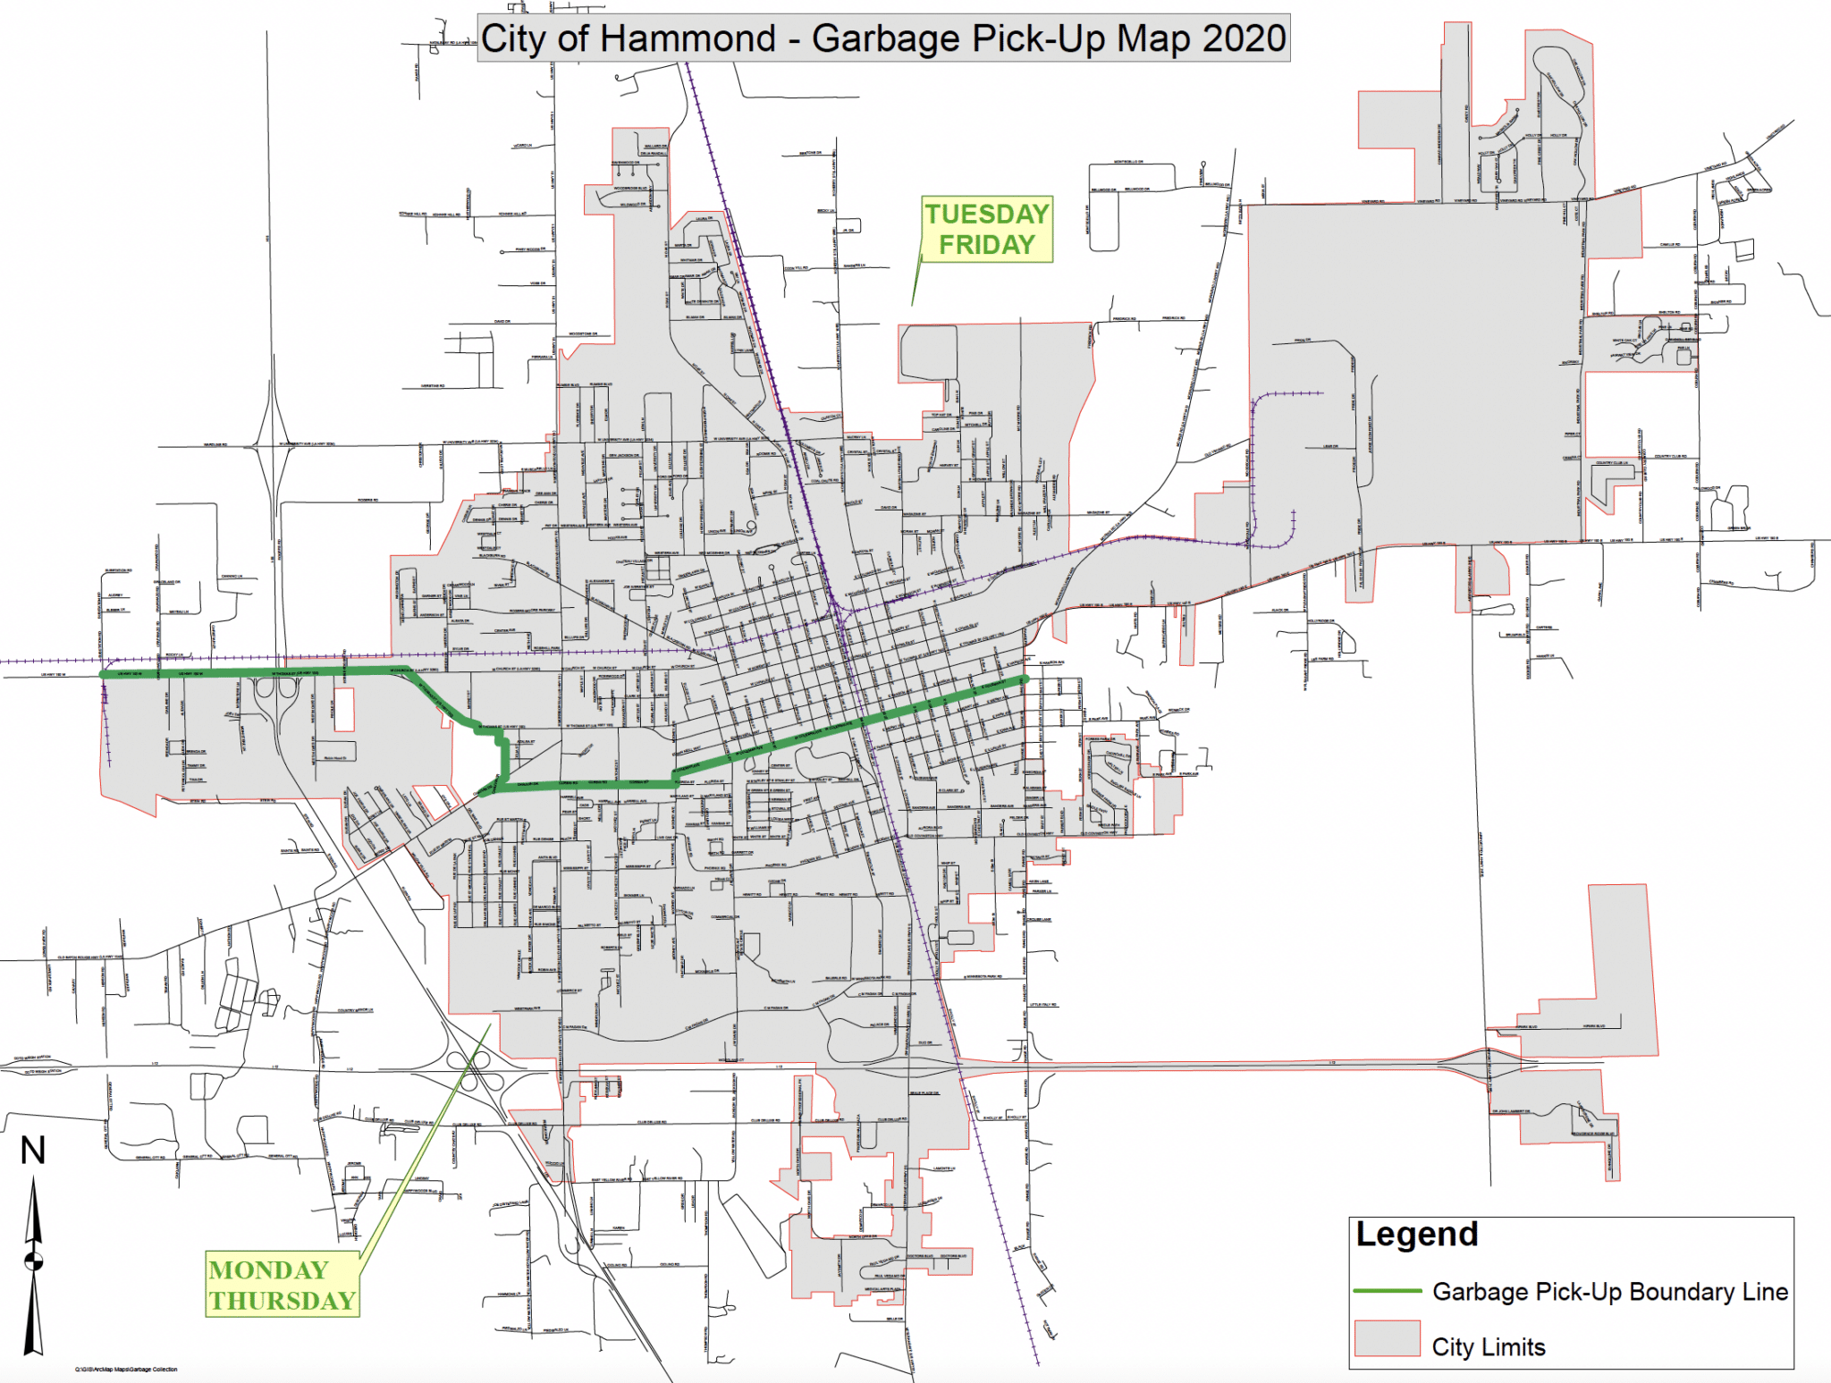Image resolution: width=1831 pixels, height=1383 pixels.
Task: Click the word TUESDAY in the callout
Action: [x=986, y=215]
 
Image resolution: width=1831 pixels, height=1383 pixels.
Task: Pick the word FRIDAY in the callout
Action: [x=986, y=245]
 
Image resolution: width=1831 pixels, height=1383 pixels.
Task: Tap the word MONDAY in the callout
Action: [x=268, y=1270]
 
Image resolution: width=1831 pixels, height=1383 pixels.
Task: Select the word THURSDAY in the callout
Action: [x=283, y=1301]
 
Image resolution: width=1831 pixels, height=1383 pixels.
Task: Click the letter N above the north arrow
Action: [x=33, y=1151]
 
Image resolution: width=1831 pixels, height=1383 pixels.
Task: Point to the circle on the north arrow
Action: [x=33, y=1261]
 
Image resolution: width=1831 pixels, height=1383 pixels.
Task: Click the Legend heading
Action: [x=1416, y=1235]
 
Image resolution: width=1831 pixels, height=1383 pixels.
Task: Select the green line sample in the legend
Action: [x=1387, y=1291]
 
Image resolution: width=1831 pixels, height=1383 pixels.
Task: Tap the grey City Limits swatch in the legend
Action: [x=1387, y=1338]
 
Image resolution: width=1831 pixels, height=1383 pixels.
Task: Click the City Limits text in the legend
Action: [x=1488, y=1347]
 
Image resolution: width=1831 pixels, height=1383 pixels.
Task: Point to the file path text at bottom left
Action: [x=126, y=1370]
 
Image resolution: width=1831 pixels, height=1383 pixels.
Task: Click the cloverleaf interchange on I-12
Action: [x=471, y=1066]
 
